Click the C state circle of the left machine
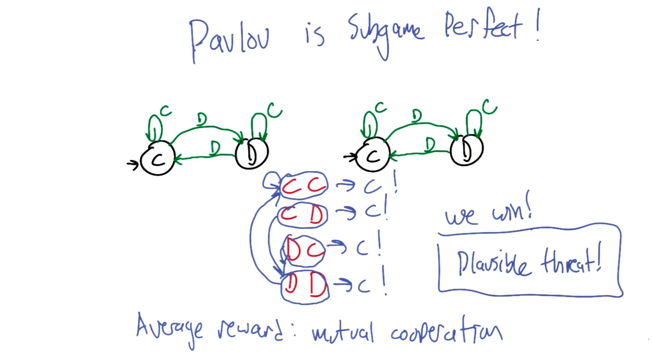click(x=158, y=159)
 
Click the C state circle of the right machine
click(x=373, y=156)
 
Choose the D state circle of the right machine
click(x=467, y=151)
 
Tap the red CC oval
click(x=304, y=186)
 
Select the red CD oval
click(x=303, y=215)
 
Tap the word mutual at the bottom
click(x=343, y=333)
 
